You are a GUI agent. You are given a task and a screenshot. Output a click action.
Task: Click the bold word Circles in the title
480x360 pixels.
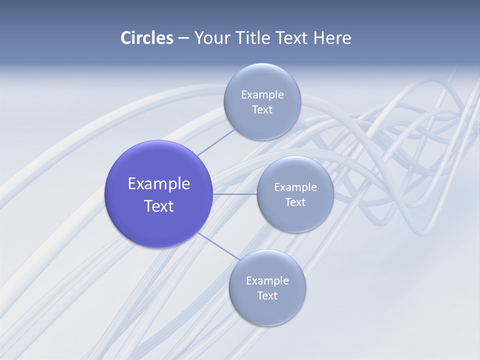(x=147, y=38)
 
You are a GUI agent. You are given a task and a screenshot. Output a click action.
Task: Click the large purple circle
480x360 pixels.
(x=158, y=225)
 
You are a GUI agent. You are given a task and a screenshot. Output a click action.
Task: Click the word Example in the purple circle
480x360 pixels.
(x=159, y=184)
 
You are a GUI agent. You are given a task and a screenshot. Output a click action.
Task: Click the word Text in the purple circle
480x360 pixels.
(x=159, y=206)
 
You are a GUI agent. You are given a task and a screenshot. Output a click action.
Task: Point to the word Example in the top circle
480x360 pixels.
(x=262, y=95)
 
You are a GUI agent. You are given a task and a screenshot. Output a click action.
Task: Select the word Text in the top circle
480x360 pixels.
(x=262, y=110)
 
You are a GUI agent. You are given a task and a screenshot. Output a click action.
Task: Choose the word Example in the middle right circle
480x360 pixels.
(x=295, y=187)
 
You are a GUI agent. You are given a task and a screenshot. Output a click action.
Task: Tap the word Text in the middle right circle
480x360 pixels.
(x=295, y=202)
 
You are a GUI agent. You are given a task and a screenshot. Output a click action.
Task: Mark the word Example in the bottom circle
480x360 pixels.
(x=267, y=281)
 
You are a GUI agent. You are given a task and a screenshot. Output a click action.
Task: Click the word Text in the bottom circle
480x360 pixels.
(x=267, y=296)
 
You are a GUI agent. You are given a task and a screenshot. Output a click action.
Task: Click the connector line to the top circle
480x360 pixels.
(x=215, y=142)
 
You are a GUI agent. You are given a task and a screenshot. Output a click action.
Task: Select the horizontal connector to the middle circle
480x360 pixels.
(x=235, y=194)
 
